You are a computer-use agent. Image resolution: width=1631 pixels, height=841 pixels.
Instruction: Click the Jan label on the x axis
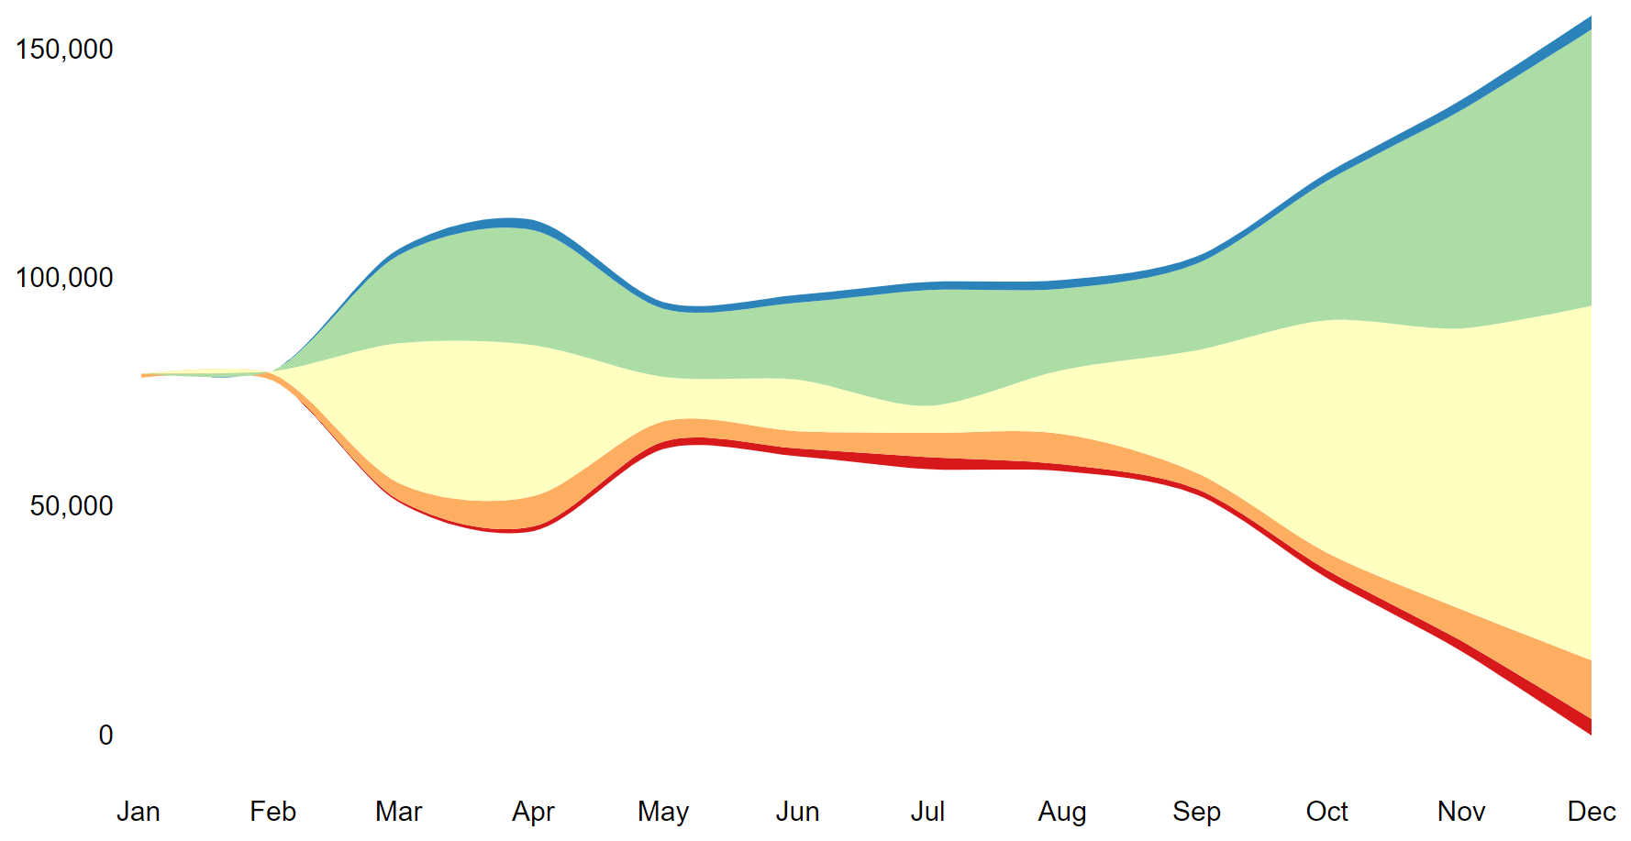pos(139,812)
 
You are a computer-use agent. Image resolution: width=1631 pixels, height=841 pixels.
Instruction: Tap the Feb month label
pos(272,812)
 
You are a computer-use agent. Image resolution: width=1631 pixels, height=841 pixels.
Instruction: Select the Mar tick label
pos(398,812)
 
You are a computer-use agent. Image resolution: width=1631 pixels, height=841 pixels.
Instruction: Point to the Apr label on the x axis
pos(533,812)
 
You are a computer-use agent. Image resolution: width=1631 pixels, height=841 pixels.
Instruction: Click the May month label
pos(663,812)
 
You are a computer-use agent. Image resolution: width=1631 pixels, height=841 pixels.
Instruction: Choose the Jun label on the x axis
pos(797,812)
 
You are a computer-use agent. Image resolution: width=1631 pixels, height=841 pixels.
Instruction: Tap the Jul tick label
pos(927,812)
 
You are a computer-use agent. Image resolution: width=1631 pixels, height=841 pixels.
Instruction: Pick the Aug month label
pos(1062,812)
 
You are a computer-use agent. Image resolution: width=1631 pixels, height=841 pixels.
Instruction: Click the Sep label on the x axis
pos(1196,812)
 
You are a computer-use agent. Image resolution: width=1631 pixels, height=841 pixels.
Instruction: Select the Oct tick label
pos(1326,812)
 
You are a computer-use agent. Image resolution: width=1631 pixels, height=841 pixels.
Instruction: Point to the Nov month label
pos(1461,812)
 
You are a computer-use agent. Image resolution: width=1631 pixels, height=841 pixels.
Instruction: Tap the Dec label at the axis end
pos(1592,812)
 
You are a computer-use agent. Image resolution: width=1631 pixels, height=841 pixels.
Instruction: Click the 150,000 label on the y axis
pos(64,49)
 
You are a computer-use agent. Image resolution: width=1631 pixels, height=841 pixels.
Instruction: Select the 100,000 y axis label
pos(64,277)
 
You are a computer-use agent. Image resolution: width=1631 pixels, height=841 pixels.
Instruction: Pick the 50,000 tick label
pos(72,505)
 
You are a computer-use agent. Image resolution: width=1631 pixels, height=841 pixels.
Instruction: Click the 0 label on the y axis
pos(106,735)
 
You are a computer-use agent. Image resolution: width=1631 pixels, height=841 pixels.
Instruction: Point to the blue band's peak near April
pos(510,223)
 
